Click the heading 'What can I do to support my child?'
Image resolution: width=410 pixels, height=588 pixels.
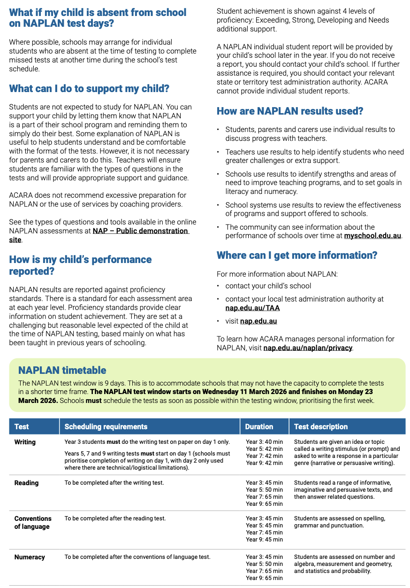click(x=89, y=89)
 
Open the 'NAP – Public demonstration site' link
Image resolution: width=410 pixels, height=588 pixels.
click(x=140, y=231)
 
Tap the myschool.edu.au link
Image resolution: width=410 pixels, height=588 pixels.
click(x=372, y=236)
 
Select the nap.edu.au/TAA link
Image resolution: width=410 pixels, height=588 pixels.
click(x=252, y=308)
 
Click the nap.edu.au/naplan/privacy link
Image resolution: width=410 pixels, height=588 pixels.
click(x=308, y=348)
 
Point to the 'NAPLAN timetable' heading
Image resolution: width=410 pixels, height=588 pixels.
click(x=62, y=370)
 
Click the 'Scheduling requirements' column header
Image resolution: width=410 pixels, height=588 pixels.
click(x=106, y=426)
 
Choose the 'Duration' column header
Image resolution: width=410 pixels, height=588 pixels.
click(x=259, y=426)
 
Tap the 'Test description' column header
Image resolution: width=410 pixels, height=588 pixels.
click(x=321, y=426)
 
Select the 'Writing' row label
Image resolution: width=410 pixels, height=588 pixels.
click(x=25, y=442)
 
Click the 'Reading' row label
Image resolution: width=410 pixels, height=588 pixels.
click(x=26, y=483)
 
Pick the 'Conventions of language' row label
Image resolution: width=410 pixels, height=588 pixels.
click(x=32, y=523)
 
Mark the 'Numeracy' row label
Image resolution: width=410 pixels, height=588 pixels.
click(x=30, y=557)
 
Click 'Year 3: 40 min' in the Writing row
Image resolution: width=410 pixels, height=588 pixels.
click(x=264, y=442)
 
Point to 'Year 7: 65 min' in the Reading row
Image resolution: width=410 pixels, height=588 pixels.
click(x=264, y=497)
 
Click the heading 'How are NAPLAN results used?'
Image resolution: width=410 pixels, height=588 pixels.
click(x=290, y=111)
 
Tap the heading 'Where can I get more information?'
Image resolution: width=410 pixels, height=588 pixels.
click(x=296, y=255)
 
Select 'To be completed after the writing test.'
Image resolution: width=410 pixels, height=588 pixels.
click(x=114, y=483)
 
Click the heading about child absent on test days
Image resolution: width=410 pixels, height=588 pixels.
click(x=98, y=18)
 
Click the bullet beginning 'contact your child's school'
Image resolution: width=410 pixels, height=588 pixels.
click(x=268, y=286)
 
